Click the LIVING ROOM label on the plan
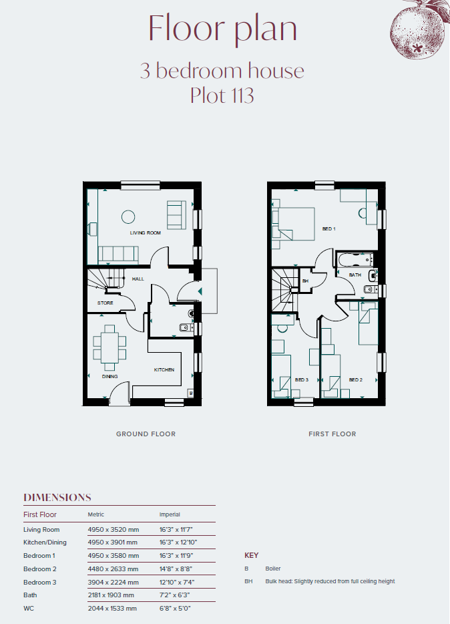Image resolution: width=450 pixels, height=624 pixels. (x=145, y=232)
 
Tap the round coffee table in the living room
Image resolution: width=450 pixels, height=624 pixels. (x=128, y=217)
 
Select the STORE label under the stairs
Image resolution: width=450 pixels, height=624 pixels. (x=105, y=303)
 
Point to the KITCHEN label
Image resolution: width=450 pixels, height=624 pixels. (x=164, y=369)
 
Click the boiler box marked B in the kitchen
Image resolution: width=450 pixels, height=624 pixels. (x=191, y=394)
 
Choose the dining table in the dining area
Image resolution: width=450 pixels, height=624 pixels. (x=109, y=347)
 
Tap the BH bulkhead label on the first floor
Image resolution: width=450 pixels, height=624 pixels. (x=305, y=281)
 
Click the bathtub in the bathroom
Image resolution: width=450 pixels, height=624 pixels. (x=355, y=260)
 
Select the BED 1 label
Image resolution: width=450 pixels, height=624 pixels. (x=328, y=229)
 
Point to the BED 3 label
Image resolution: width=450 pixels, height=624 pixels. (x=302, y=379)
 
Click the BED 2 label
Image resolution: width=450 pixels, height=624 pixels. (x=356, y=379)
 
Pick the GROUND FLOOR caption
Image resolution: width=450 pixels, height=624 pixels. (x=146, y=434)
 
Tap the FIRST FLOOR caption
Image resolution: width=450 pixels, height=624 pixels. (x=332, y=434)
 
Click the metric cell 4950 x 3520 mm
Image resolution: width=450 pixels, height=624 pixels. (x=114, y=530)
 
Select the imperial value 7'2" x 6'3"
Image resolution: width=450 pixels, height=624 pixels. (x=174, y=595)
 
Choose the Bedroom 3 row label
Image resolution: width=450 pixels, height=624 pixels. (x=40, y=582)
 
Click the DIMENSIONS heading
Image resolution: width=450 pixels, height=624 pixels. (x=57, y=498)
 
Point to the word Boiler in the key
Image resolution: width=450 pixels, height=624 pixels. (x=273, y=569)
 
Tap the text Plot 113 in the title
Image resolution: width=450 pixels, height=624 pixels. (x=222, y=95)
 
